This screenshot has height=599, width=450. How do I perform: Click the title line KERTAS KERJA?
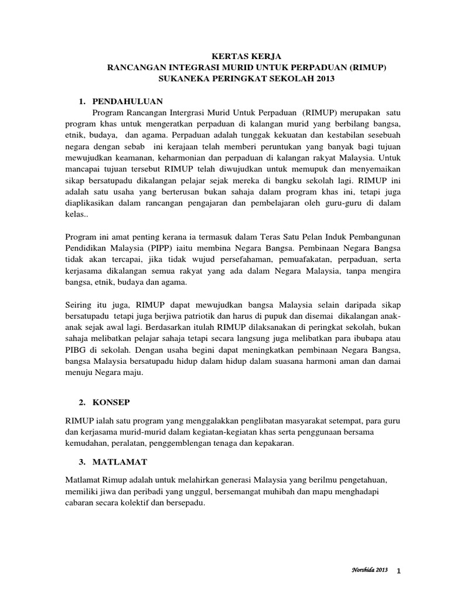coord(226,57)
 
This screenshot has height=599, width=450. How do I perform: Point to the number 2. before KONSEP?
coord(82,403)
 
